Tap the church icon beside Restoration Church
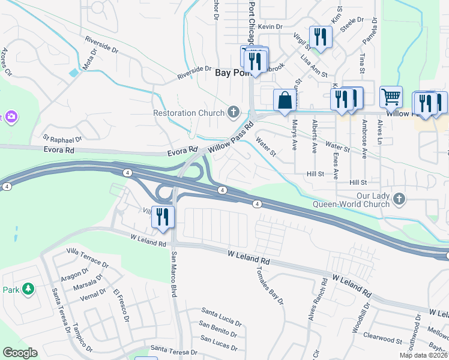pos(233,112)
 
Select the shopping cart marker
pos(391,97)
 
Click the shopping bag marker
pos(285,100)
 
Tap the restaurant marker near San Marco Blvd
pos(162,217)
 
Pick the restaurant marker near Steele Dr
pos(321,37)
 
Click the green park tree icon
pos(28,289)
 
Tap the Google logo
pos(20,353)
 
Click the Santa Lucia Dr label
pos(221,313)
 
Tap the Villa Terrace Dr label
pos(88,257)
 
